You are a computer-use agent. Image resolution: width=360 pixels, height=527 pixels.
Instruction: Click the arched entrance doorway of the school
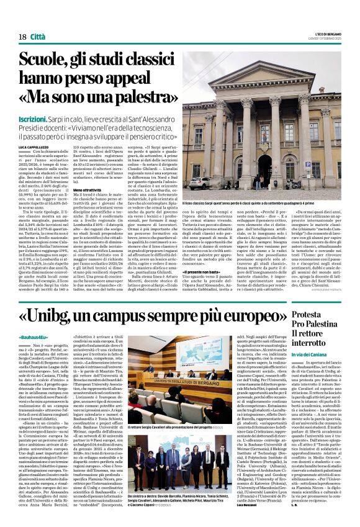tap(278, 172)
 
